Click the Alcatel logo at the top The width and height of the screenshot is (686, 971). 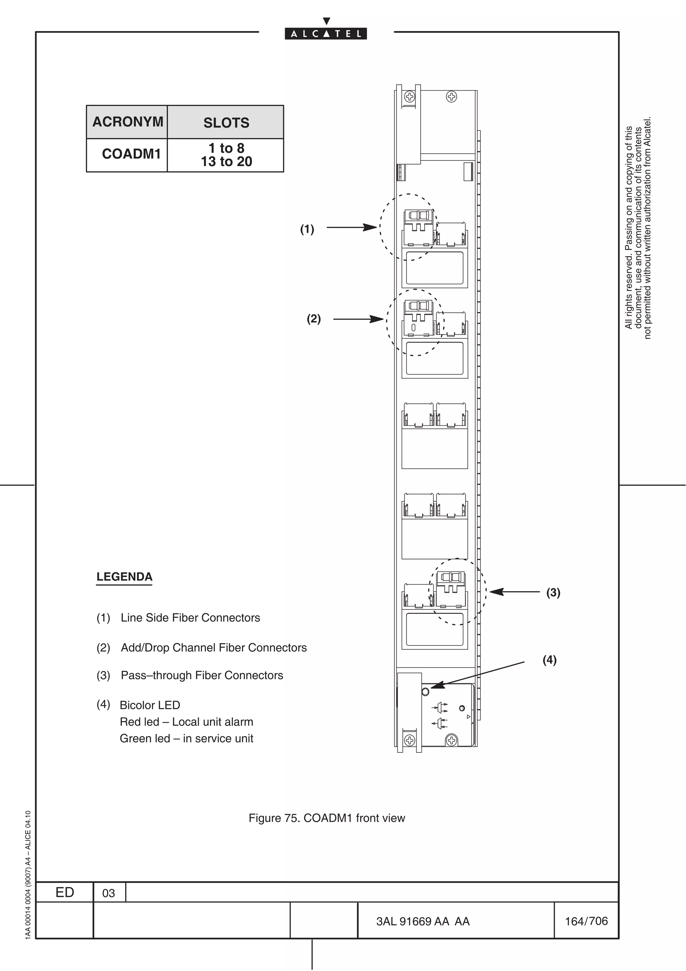[326, 34]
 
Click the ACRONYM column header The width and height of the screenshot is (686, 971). [128, 122]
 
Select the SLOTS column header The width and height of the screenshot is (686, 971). [226, 123]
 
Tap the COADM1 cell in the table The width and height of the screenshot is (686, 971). [131, 154]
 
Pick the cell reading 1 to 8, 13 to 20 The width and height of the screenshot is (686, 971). [226, 155]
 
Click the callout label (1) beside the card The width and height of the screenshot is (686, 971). [307, 229]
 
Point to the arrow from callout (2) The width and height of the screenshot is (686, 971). [358, 319]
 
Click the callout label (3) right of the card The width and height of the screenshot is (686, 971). [553, 592]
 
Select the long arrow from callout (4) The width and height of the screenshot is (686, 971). [478, 674]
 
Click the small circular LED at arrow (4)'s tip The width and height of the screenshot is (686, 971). [425, 692]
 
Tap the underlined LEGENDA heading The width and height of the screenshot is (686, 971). [124, 577]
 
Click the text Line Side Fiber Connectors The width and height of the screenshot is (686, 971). [190, 618]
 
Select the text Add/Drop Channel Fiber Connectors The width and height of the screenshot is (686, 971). [213, 647]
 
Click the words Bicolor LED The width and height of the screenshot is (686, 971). [150, 705]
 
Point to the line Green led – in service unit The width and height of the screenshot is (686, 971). [186, 738]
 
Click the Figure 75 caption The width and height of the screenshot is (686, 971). [326, 818]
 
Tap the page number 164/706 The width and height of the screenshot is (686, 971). [586, 921]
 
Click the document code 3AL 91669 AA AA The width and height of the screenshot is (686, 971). [423, 921]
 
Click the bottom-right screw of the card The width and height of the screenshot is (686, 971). [452, 740]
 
